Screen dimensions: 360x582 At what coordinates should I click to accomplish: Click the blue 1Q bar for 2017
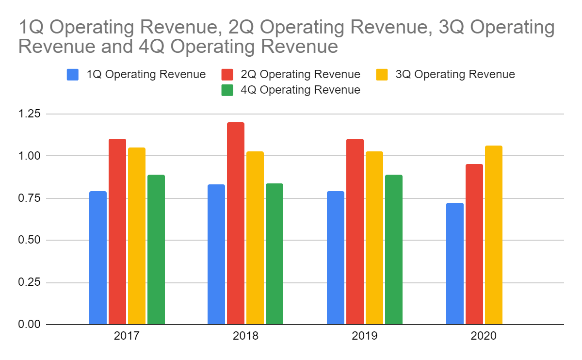click(98, 258)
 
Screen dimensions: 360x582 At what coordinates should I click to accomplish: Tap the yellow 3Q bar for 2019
click(374, 238)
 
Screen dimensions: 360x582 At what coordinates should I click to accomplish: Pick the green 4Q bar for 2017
click(156, 249)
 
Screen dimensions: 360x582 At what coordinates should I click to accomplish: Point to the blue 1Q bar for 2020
click(455, 263)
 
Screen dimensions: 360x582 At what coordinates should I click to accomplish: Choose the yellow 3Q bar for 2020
click(494, 235)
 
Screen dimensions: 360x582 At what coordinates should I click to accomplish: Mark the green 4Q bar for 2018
click(275, 254)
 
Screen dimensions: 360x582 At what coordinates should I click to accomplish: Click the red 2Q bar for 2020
click(474, 244)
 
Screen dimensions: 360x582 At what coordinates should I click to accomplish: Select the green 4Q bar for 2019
click(394, 249)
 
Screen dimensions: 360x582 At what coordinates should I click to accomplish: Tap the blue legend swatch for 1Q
click(73, 75)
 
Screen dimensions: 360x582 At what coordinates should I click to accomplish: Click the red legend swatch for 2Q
click(227, 75)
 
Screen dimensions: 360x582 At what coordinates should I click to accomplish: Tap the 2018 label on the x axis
click(245, 336)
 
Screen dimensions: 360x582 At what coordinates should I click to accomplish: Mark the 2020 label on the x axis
click(484, 336)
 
